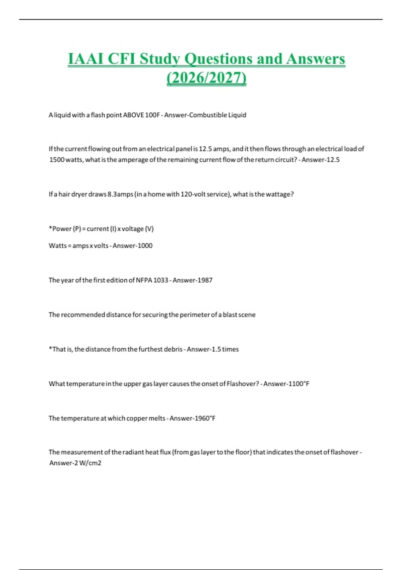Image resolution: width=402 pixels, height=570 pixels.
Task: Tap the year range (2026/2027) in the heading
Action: point(206,78)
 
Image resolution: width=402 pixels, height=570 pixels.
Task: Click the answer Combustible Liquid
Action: point(218,115)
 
